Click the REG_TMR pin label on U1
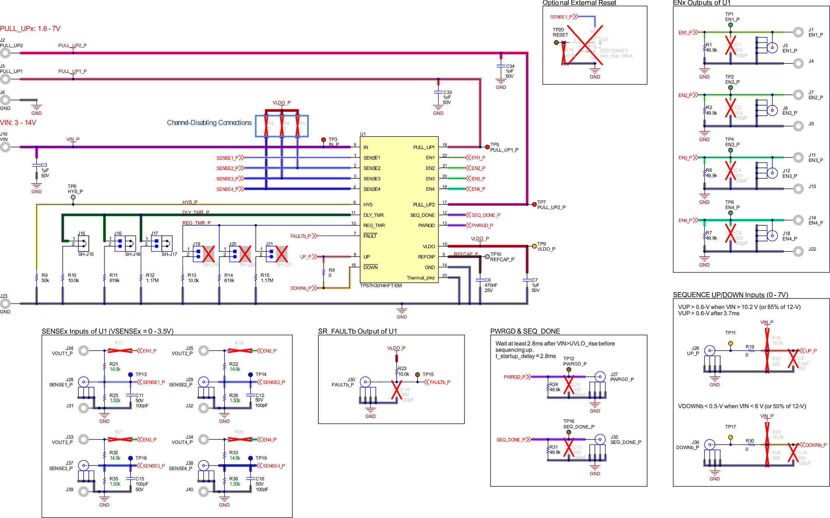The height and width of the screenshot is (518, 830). (374, 226)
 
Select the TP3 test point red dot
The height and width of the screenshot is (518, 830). (323, 140)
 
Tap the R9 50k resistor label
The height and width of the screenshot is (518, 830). (45, 278)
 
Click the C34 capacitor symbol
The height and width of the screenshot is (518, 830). (501, 66)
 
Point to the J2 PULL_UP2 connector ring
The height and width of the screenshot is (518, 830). (5, 53)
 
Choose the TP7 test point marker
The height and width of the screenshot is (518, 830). (534, 205)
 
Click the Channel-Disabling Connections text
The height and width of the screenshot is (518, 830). (209, 123)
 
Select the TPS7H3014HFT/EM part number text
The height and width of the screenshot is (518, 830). (381, 286)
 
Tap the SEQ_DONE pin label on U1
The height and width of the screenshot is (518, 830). (422, 215)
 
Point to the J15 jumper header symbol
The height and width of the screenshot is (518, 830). (83, 243)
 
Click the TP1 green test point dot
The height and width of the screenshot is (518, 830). (730, 25)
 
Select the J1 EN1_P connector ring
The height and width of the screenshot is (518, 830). (798, 32)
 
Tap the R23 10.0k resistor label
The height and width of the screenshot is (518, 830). (403, 371)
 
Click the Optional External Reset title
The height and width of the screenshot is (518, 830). (579, 3)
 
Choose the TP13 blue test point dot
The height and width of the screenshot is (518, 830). (130, 375)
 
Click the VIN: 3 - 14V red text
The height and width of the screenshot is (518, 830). (18, 123)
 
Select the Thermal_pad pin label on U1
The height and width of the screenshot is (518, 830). (420, 278)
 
